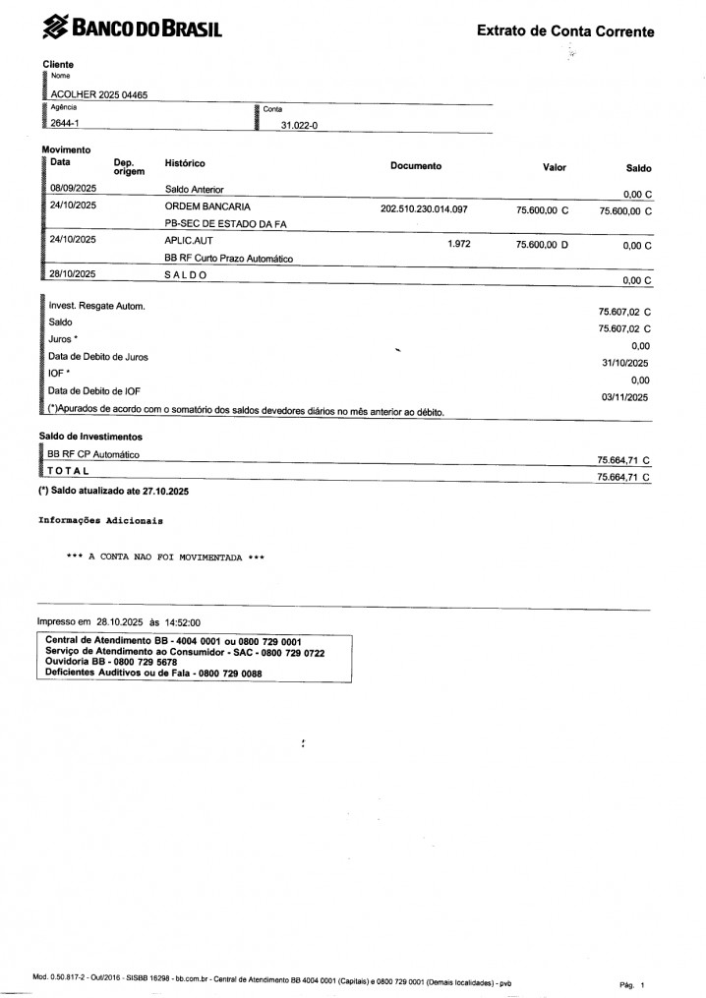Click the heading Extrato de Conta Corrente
[564, 31]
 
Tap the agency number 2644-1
[65, 124]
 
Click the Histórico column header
[185, 163]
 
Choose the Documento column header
[416, 166]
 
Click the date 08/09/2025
[73, 189]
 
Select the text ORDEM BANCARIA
[207, 208]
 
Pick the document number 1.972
[460, 242]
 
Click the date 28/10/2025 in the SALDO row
[73, 274]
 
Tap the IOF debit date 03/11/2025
[624, 397]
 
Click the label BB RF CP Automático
[93, 454]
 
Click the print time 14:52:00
[181, 622]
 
